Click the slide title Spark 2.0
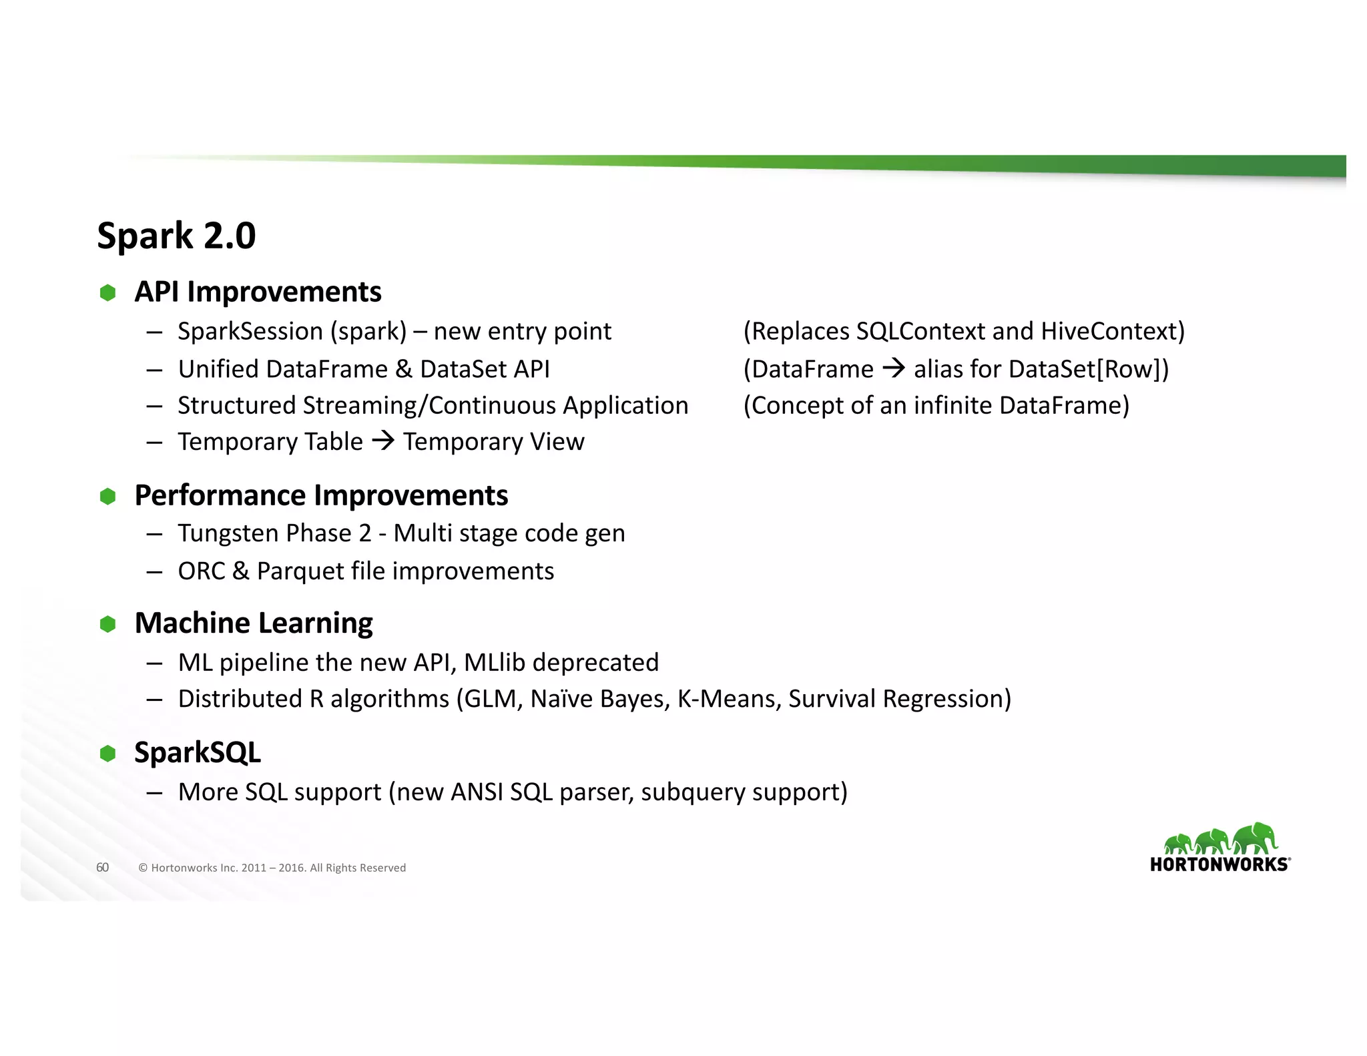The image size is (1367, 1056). point(176,236)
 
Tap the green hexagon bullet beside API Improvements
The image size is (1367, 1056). point(107,292)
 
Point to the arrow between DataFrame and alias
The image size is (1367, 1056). point(894,368)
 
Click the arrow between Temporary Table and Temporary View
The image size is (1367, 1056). point(383,441)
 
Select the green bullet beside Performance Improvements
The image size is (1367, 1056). point(107,496)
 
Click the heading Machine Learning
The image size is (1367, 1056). point(254,623)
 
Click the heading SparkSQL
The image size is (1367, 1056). point(198,752)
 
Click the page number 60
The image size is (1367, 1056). point(102,867)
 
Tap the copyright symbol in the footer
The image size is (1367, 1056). point(143,868)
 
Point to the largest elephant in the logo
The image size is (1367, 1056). point(1255,838)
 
